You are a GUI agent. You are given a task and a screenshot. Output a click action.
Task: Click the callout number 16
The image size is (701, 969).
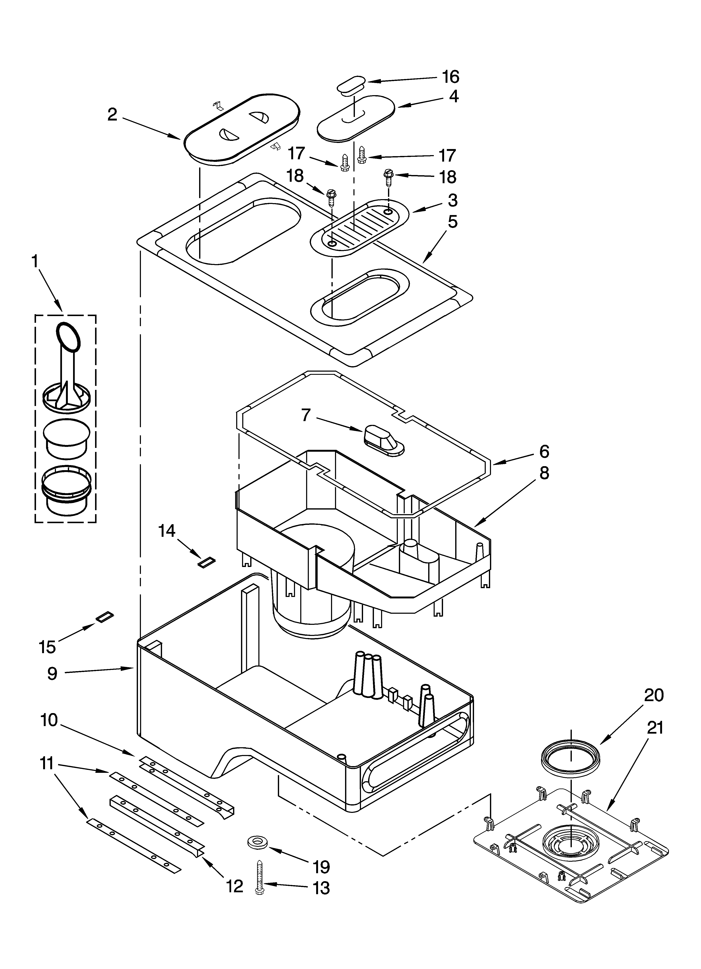(x=450, y=77)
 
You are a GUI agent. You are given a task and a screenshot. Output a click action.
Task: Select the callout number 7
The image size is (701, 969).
(x=306, y=415)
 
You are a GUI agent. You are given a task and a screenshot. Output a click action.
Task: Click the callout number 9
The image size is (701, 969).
(x=52, y=673)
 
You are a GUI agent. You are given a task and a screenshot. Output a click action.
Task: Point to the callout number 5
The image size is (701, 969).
(x=452, y=222)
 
